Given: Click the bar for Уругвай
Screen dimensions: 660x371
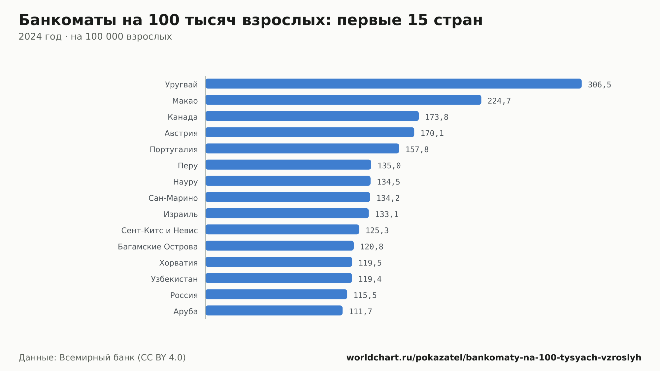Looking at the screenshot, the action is point(393,84).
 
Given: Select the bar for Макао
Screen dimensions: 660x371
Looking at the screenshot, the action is point(343,100).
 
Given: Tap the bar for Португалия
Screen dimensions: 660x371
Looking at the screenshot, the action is point(302,148).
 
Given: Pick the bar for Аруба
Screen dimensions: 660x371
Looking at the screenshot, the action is point(274,310).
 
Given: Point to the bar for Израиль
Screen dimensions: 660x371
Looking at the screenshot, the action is point(287,213).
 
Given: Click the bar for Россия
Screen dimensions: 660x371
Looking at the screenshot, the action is point(276,294).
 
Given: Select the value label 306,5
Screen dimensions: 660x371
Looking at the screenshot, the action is point(600,85).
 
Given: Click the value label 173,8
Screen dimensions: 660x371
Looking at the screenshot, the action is point(437,117).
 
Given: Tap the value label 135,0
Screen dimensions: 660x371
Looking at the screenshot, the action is point(389,166).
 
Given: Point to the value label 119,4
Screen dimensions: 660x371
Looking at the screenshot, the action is point(370,279).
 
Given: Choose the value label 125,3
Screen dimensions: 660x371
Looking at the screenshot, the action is point(377,230).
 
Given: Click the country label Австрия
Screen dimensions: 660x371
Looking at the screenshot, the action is point(181,133).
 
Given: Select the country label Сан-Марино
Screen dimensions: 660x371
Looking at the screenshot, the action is point(173,198).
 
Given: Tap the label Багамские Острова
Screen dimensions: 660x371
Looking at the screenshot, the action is point(158,247).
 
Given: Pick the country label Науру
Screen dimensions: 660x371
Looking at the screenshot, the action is point(185,182).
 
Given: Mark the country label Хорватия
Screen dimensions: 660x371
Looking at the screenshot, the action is point(179,263).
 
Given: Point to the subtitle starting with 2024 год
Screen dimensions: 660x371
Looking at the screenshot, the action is point(95,36).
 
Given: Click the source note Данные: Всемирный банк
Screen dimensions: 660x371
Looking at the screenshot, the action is point(102,357).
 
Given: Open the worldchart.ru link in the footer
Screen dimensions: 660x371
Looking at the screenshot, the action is point(494,357).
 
